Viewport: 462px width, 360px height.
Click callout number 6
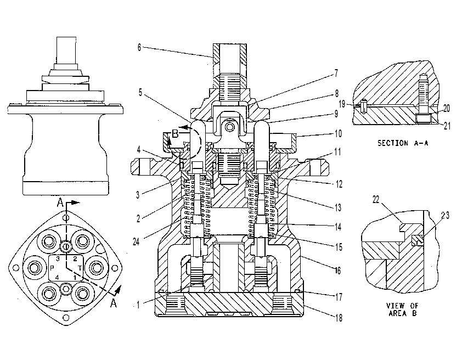click(139, 47)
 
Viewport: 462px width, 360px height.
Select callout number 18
click(339, 318)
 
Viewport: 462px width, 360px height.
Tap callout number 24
click(136, 242)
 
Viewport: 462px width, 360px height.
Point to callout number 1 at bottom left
click(138, 305)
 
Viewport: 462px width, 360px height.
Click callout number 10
click(339, 134)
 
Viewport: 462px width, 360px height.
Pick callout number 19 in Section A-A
click(342, 104)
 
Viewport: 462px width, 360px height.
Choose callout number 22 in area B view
click(376, 200)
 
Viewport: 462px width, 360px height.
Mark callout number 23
click(446, 216)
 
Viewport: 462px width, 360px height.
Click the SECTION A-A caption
click(403, 143)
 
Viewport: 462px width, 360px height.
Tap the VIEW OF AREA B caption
click(402, 310)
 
